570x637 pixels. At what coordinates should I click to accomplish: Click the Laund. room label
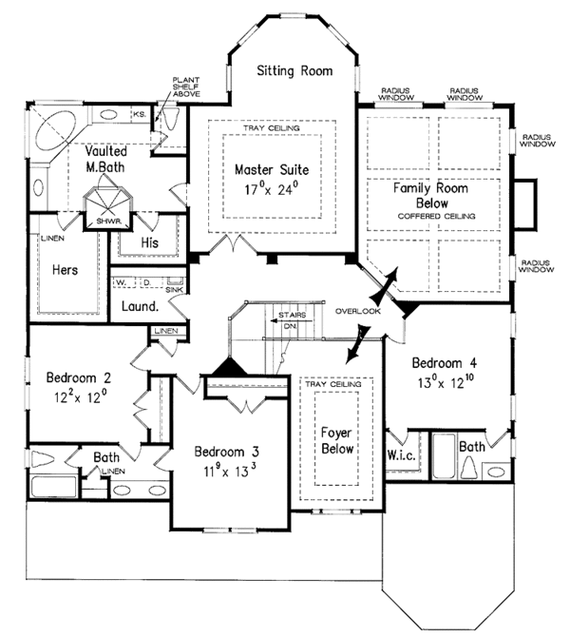[x=140, y=307]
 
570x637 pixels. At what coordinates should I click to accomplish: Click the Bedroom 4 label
[x=445, y=362]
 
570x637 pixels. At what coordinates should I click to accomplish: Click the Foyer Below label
[x=336, y=439]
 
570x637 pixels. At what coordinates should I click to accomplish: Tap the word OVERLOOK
[x=358, y=311]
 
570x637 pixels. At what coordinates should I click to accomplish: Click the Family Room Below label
[x=431, y=195]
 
